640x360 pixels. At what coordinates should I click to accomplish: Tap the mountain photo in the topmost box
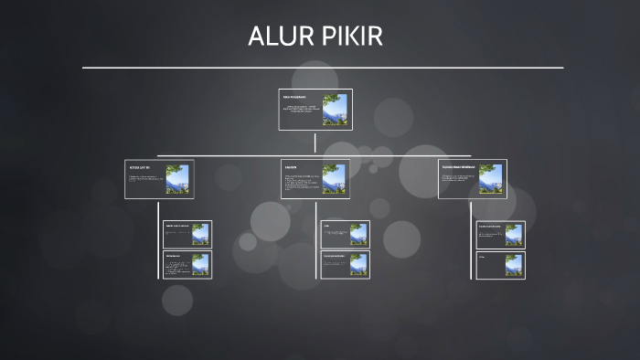point(334,110)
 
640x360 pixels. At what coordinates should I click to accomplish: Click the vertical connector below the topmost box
point(315,142)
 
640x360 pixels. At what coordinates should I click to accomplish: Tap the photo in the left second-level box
point(177,179)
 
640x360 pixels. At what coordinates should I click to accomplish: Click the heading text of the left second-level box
point(139,169)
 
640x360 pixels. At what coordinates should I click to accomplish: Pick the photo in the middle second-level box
point(334,179)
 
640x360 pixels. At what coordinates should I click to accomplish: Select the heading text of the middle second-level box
point(291,167)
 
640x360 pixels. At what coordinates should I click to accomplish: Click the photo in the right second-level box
point(490,179)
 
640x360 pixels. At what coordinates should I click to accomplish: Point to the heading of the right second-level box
point(458,167)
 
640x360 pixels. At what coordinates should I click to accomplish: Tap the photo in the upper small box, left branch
point(199,235)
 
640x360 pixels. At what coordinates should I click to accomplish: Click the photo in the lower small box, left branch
point(199,265)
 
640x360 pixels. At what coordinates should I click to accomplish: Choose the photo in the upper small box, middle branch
point(357,235)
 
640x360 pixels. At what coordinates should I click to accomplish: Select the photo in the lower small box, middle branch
point(357,265)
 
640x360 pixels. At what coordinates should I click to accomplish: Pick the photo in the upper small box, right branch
point(514,235)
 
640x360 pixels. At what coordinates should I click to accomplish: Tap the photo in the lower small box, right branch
point(514,265)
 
